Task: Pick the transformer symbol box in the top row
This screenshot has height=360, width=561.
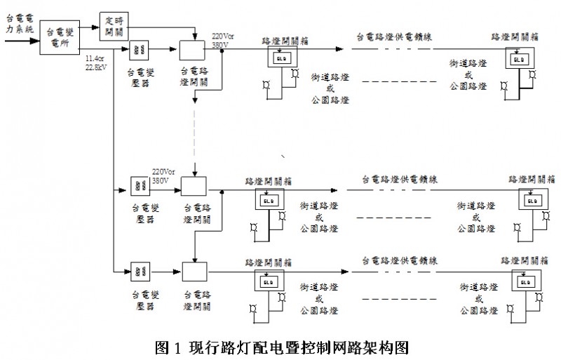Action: [x=137, y=49]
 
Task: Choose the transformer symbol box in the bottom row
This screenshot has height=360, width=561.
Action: [x=137, y=271]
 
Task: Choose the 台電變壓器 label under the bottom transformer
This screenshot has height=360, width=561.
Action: [x=137, y=293]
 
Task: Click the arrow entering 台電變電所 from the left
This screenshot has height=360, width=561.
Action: [x=18, y=41]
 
